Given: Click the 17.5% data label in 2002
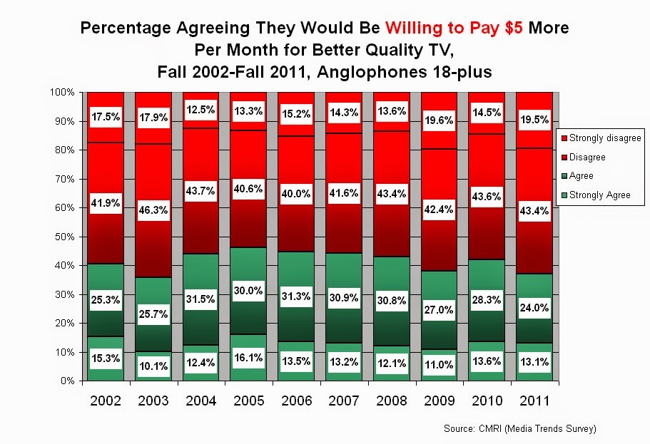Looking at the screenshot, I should [106, 115].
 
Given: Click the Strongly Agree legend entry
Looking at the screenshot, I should [600, 195].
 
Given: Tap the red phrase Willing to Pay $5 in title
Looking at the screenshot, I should [454, 29].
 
